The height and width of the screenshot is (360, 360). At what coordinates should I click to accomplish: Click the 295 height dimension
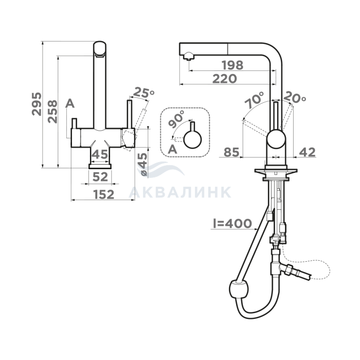(x=37, y=104)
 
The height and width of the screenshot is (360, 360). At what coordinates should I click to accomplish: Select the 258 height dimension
(x=52, y=112)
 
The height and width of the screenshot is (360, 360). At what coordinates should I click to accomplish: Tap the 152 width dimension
(x=104, y=194)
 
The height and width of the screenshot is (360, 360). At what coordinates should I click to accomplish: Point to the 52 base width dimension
(x=100, y=177)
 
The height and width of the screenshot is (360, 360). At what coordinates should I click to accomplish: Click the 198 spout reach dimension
(x=232, y=65)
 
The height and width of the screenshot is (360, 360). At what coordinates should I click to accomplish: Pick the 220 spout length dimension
(x=225, y=79)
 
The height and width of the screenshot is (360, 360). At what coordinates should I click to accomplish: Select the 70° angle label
(x=254, y=100)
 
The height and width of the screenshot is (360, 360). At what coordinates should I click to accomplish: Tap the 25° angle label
(x=143, y=92)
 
